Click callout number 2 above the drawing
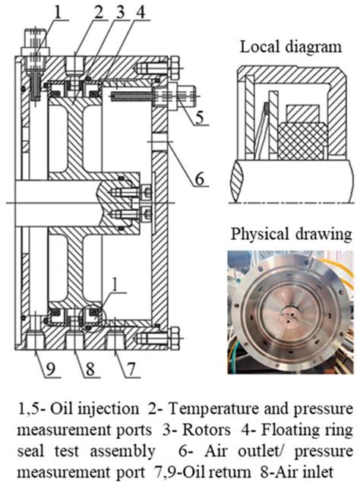tap(99, 13)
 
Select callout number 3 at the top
tap(121, 13)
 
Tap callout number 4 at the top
tap(141, 13)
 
